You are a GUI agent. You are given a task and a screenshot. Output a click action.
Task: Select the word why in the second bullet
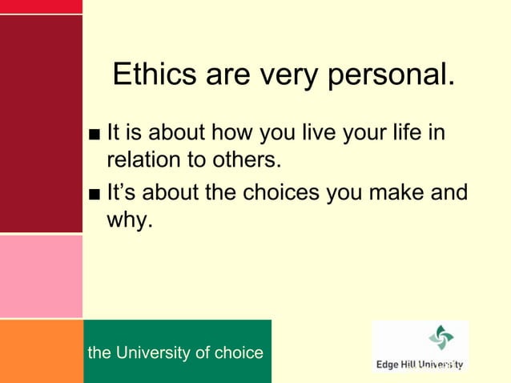pos(129,220)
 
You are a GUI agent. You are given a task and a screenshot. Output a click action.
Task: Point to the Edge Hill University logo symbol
pos(441,337)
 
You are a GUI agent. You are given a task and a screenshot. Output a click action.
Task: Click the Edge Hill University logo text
pos(420,365)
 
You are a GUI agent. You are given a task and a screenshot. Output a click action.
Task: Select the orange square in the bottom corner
pos(41,351)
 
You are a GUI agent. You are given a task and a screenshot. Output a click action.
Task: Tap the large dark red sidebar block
pos(41,124)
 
